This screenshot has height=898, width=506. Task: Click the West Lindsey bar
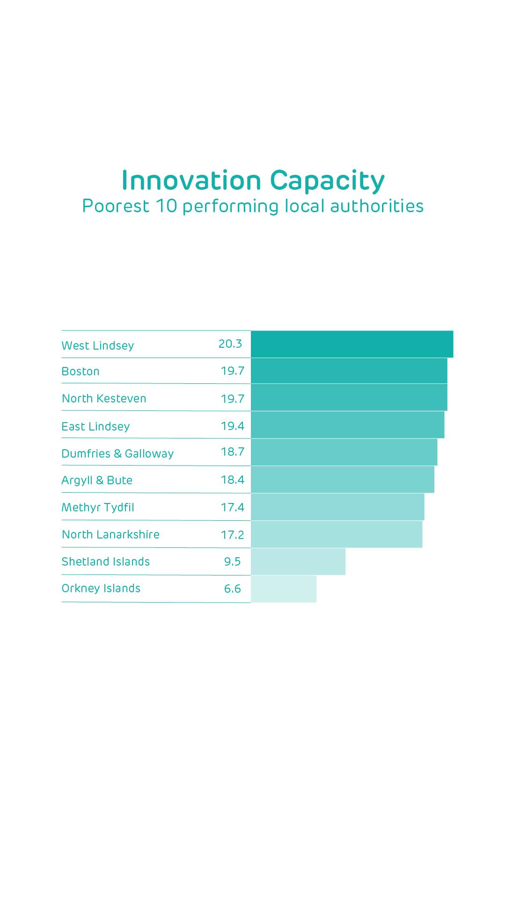(x=352, y=344)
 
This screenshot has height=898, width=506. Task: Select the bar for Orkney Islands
(x=284, y=589)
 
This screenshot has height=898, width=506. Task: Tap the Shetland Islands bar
(x=298, y=561)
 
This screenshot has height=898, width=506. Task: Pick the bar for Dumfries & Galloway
(x=344, y=452)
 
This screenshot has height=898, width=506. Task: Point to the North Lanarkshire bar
(x=337, y=534)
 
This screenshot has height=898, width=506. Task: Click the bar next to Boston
(x=349, y=371)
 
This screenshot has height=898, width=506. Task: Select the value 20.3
(x=230, y=344)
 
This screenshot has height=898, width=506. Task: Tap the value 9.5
(x=232, y=561)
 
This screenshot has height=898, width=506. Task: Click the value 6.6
(x=232, y=589)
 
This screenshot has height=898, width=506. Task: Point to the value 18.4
(x=233, y=480)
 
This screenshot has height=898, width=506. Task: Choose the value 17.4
(x=233, y=507)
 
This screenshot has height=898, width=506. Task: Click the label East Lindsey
(x=95, y=426)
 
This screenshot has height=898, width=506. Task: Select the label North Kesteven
(x=104, y=399)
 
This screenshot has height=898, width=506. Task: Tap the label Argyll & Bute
(x=97, y=481)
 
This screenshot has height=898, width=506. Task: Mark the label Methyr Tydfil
(x=98, y=508)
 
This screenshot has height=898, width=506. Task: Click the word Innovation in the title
(x=191, y=181)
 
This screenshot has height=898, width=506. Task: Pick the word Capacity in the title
(x=327, y=181)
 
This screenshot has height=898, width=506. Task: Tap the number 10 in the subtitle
(x=166, y=206)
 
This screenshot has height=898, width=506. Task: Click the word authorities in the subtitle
(x=377, y=206)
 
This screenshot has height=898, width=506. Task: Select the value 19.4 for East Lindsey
(x=233, y=426)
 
